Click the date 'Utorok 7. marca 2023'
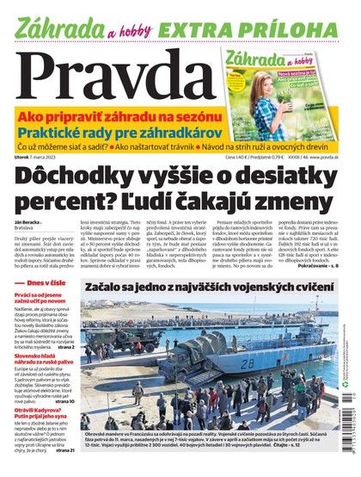click(x=40, y=157)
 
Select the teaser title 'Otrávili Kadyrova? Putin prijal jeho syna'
click(x=48, y=412)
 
